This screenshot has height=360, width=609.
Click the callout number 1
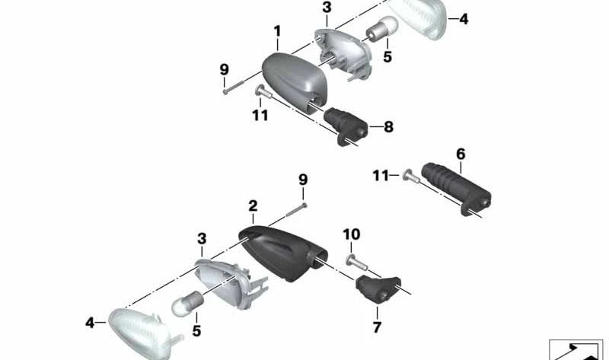tap(278, 31)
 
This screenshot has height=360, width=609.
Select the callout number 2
tap(253, 205)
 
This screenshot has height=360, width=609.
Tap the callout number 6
tap(461, 154)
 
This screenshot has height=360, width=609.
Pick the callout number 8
tap(388, 127)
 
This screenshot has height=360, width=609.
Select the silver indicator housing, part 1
tap(293, 81)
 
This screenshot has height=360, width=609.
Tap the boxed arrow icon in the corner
tap(576, 349)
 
